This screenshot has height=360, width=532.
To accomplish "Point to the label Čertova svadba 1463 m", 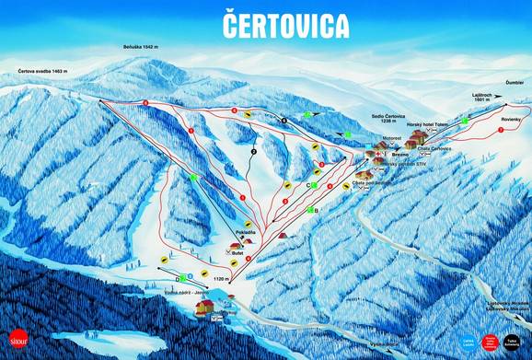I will [41, 71].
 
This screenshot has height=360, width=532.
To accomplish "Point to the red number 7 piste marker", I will [500, 131].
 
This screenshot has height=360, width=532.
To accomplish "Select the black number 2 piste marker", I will [252, 149].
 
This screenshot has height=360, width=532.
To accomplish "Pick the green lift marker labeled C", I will [313, 186].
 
